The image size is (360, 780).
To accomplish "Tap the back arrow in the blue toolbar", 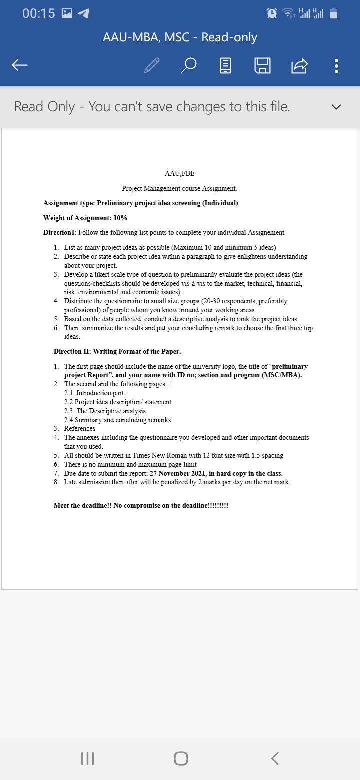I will point(19,65).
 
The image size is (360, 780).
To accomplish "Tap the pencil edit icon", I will point(151,65).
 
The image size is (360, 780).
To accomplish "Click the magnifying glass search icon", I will point(188,65).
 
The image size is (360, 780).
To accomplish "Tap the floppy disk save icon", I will point(262,65).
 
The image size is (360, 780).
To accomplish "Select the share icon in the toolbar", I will point(299,65).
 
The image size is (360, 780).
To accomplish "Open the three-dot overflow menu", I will point(336,65).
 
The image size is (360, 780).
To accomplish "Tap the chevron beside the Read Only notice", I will point(336,107).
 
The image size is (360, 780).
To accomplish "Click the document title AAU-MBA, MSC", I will point(179,37).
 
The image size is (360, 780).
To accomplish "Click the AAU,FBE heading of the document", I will point(179,173).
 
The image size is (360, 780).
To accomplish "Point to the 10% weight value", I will point(120,218).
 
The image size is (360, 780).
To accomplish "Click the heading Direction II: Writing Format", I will point(117,351).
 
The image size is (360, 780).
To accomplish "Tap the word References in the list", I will point(80,428).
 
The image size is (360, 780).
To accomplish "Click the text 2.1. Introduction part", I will point(95,393).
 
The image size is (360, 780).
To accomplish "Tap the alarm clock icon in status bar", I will point(272,13).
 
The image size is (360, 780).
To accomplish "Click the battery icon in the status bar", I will point(334,13).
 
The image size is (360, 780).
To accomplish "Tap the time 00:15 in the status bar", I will point(38,13).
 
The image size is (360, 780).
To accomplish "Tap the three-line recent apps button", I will point(87,758).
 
